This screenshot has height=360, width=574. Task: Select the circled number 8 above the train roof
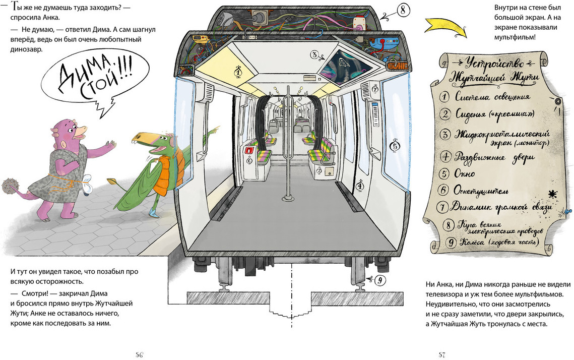click(404, 10)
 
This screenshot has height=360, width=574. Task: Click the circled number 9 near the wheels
click(380, 279)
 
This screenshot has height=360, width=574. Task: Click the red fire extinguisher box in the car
click(249, 150)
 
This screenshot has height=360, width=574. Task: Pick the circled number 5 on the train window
click(395, 146)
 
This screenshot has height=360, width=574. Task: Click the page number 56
click(139, 354)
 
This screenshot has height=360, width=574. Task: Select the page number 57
click(441, 354)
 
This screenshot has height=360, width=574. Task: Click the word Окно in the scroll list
click(465, 174)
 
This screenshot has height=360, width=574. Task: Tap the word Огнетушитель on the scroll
click(481, 191)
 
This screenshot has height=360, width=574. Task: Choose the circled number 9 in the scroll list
click(452, 243)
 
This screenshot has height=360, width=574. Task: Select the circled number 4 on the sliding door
click(360, 186)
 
